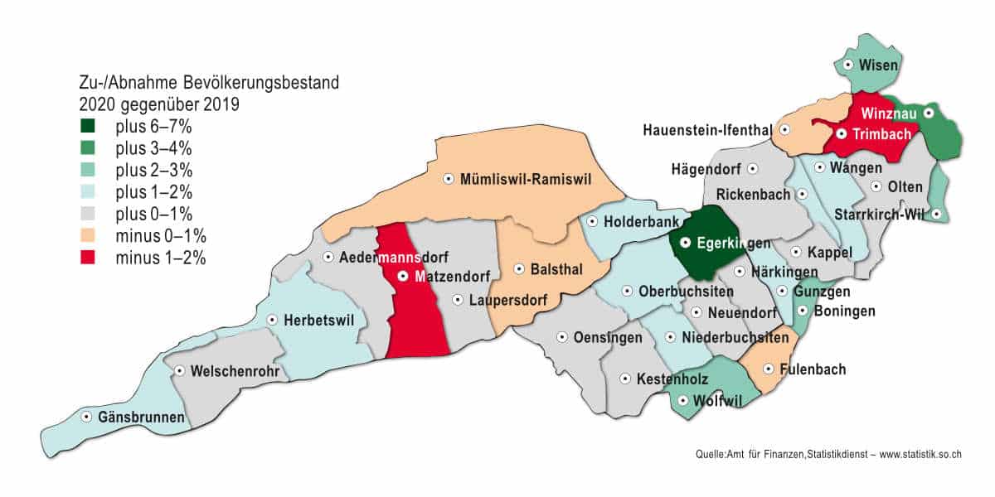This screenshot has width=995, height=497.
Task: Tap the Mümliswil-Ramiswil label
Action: click(525, 178)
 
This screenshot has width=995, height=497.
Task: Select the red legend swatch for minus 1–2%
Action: click(87, 258)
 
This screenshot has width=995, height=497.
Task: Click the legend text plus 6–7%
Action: click(153, 127)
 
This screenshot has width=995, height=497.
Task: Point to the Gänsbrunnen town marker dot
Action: click(86, 417)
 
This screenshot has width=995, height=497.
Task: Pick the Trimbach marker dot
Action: click(841, 133)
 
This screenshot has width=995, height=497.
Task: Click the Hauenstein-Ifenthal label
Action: click(707, 130)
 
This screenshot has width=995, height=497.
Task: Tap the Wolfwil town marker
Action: click(682, 401)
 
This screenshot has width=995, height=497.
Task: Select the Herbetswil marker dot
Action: click(272, 320)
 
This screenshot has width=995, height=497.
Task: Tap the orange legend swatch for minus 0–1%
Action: click(87, 236)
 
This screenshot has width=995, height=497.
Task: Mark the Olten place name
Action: click(905, 186)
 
